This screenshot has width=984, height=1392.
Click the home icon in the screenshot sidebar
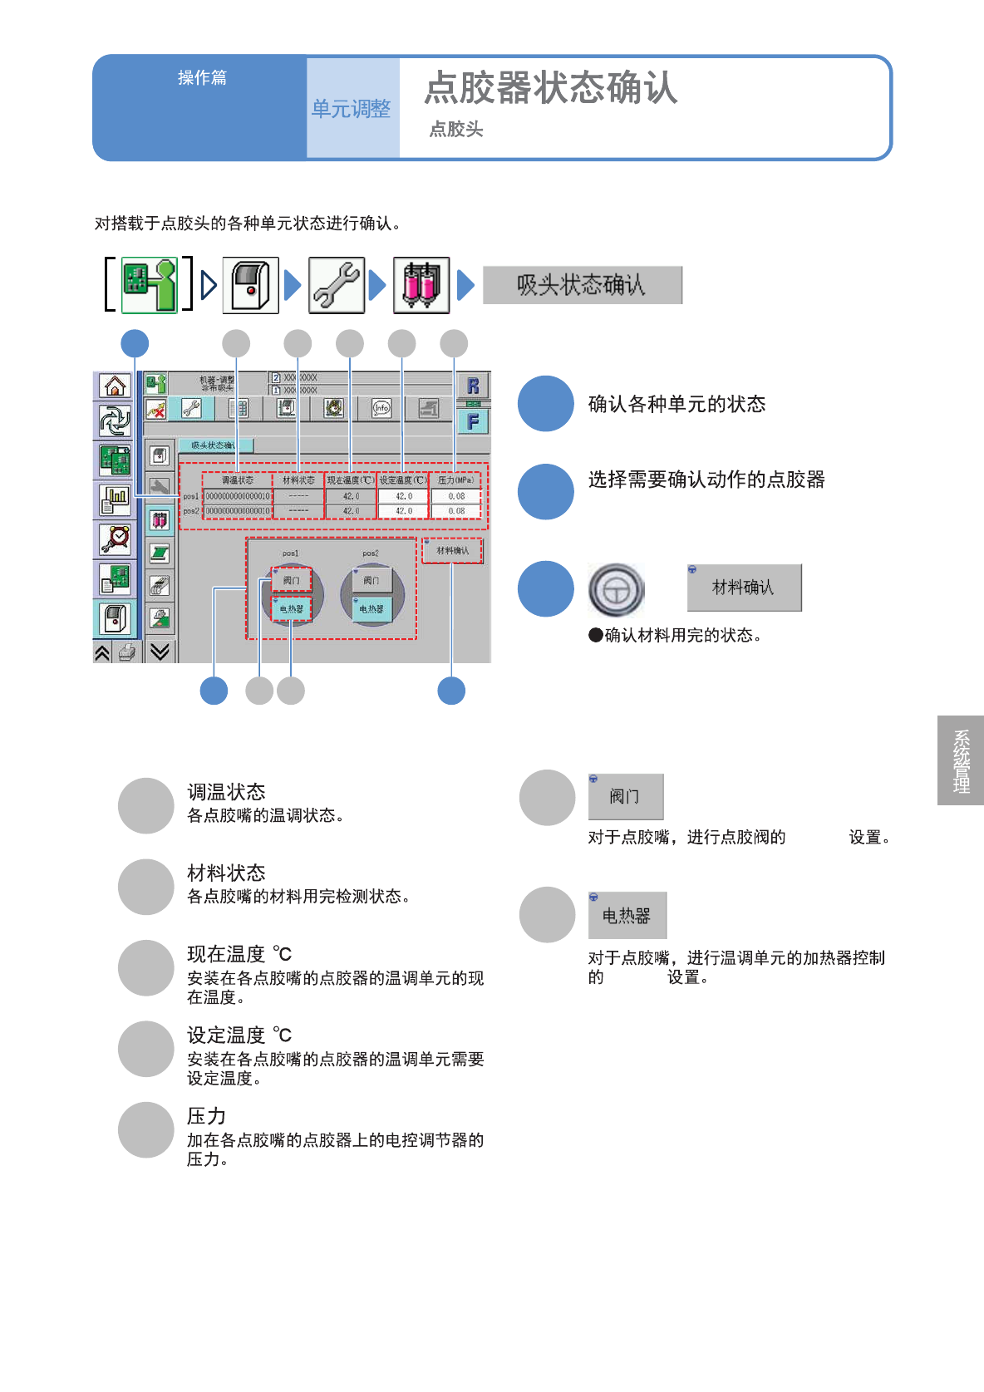coord(115,386)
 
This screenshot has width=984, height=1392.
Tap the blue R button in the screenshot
coord(473,386)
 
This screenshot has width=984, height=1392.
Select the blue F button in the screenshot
coord(473,422)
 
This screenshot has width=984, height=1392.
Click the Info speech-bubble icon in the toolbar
coord(381,408)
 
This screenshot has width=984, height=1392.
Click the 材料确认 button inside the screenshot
coord(452,551)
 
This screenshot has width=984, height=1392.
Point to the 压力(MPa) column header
coord(455,480)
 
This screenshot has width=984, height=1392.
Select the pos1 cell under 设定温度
coord(404,496)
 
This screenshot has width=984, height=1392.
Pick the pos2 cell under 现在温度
coord(351,511)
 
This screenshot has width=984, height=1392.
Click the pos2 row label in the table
coord(191,511)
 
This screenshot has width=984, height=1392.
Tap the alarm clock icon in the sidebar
coord(115,539)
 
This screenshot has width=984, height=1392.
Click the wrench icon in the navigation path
coord(337,285)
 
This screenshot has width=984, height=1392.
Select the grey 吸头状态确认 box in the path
coord(582,285)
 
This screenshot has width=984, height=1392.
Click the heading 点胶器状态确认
coord(551,88)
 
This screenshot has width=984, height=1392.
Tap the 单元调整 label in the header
coord(351,109)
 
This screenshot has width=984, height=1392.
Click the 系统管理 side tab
coord(962,760)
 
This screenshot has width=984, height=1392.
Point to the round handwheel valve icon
coord(617,589)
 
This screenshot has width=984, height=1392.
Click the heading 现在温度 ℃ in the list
coord(239,954)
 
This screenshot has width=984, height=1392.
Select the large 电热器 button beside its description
coord(627,916)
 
